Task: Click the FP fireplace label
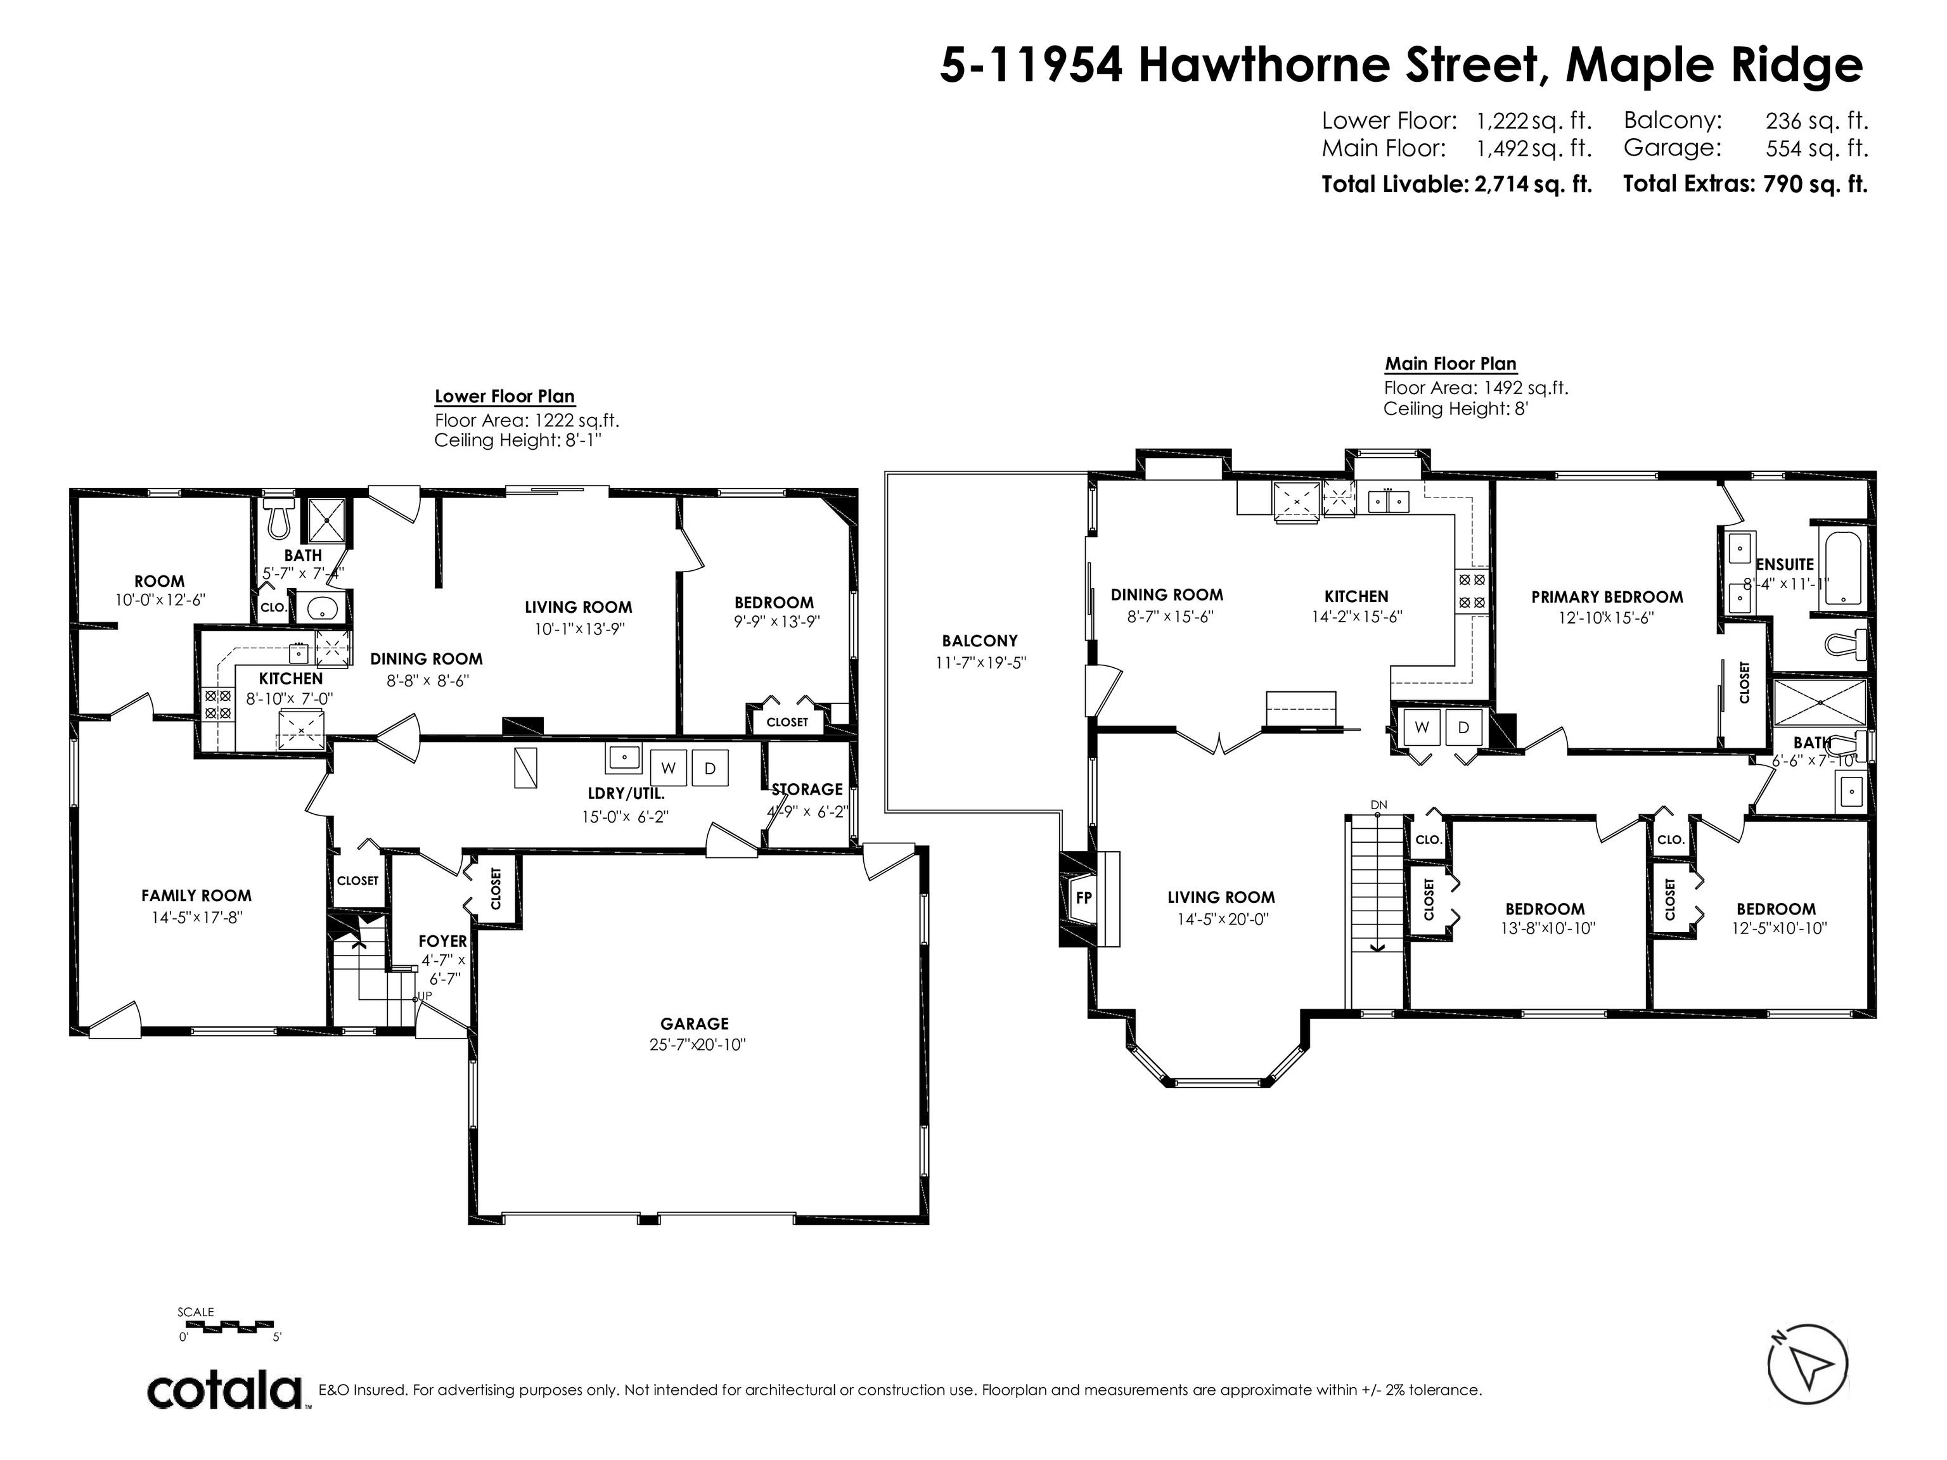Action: [x=1084, y=899]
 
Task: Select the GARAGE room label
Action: [x=695, y=1023]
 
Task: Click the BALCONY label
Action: [x=980, y=641]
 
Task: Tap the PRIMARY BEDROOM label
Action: [x=1607, y=597]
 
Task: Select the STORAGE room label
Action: [x=807, y=790]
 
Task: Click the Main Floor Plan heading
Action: [x=1451, y=364]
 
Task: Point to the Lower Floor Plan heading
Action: [x=504, y=397]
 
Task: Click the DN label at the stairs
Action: [x=1378, y=804]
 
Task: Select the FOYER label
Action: [x=443, y=942]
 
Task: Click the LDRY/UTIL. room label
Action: [x=626, y=794]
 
